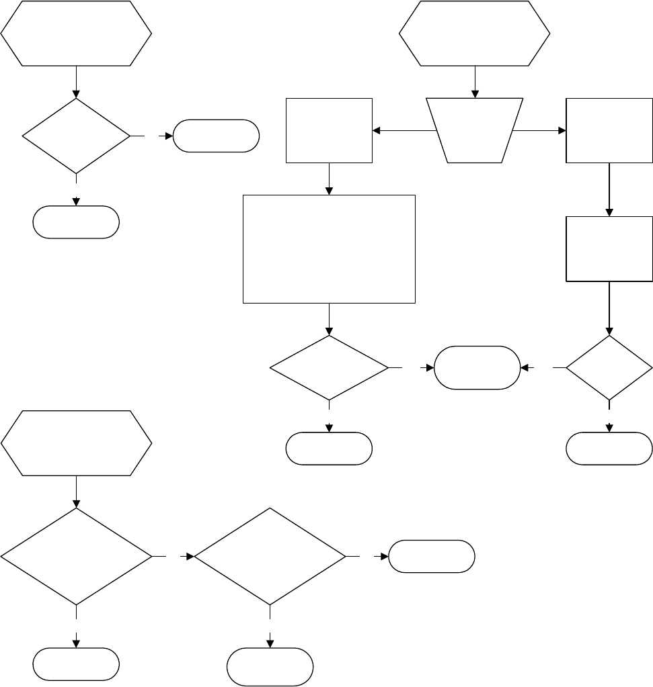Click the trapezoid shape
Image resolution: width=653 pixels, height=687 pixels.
click(x=475, y=130)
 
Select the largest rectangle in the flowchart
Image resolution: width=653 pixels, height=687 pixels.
click(x=329, y=248)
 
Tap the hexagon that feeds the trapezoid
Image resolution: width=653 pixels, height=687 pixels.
click(x=475, y=33)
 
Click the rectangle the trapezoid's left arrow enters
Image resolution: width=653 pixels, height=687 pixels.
click(x=329, y=130)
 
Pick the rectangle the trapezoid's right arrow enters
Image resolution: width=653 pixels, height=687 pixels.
click(x=609, y=130)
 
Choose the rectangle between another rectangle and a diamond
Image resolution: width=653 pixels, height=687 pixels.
click(x=609, y=248)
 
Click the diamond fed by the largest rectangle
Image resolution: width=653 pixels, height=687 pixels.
click(x=329, y=367)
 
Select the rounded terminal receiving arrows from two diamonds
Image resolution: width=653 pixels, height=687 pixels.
click(x=477, y=367)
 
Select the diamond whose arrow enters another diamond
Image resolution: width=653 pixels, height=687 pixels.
click(x=76, y=556)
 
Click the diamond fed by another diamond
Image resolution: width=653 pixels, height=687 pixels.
click(x=270, y=556)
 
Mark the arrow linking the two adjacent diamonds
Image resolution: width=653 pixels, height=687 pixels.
click(x=174, y=556)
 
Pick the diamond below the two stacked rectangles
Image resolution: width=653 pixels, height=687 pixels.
click(x=609, y=367)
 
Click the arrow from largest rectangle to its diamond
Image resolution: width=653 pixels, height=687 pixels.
click(x=329, y=319)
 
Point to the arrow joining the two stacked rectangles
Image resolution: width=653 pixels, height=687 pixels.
click(x=609, y=189)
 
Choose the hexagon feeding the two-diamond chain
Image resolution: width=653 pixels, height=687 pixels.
click(x=76, y=444)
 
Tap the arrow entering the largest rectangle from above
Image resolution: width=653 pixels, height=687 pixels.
click(x=329, y=179)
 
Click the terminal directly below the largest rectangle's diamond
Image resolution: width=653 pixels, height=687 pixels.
click(x=329, y=449)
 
